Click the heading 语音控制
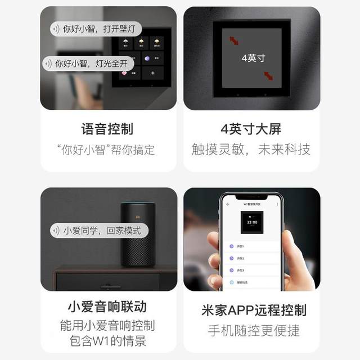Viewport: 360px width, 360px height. (x=107, y=129)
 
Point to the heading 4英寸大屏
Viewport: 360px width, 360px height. (x=251, y=129)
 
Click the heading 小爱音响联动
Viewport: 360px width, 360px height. (x=107, y=307)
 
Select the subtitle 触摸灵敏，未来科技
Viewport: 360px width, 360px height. (x=251, y=150)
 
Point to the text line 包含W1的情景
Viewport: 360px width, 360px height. (x=107, y=341)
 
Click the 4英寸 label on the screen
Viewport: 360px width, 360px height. (x=253, y=58)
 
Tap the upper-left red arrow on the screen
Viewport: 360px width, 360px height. (x=233, y=40)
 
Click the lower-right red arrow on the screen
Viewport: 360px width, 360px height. (x=268, y=75)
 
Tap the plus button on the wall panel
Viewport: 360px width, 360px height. (x=152, y=73)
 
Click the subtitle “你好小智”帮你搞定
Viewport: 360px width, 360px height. (x=106, y=150)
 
